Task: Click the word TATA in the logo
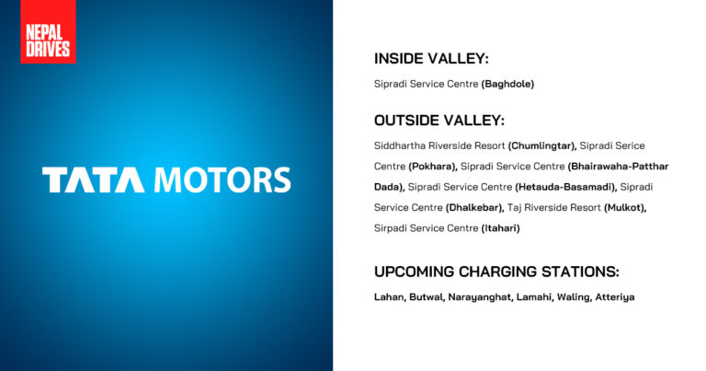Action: (x=93, y=180)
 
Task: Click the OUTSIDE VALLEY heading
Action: (x=438, y=121)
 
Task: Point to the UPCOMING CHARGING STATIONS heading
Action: (x=496, y=272)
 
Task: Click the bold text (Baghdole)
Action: (x=507, y=84)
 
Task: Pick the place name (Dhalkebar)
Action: (x=475, y=207)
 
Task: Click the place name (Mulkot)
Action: (x=625, y=207)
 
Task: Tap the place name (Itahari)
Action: (x=500, y=227)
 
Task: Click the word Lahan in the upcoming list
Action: (x=391, y=297)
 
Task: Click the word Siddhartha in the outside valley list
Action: (x=403, y=145)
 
